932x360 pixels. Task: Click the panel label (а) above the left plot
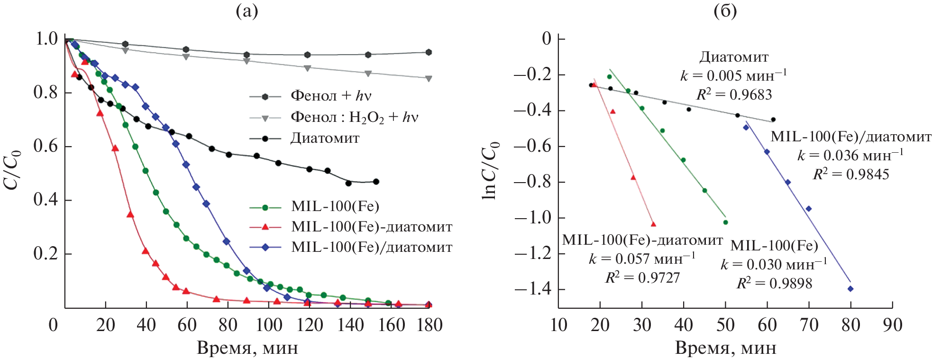point(247,11)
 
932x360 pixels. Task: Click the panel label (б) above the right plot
point(725,11)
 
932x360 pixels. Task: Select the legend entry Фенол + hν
point(330,96)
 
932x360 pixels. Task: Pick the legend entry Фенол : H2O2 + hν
point(354,117)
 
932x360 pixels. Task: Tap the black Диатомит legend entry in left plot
point(324,138)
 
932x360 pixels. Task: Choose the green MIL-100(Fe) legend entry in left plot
point(335,206)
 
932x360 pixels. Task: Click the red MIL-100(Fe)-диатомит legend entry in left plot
point(371,227)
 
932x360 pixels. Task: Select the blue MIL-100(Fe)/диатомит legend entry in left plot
point(371,247)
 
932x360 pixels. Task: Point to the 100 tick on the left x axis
point(269,325)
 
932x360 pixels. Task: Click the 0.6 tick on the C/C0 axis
point(46,146)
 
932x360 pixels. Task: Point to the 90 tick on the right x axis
point(892,325)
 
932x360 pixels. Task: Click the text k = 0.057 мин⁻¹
point(642,259)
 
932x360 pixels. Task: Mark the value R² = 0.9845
point(851,175)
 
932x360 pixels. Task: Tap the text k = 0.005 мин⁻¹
point(733,76)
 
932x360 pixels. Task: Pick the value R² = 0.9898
point(774,284)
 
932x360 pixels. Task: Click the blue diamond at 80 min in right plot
point(850,288)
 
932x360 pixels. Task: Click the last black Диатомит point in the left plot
point(376,182)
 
